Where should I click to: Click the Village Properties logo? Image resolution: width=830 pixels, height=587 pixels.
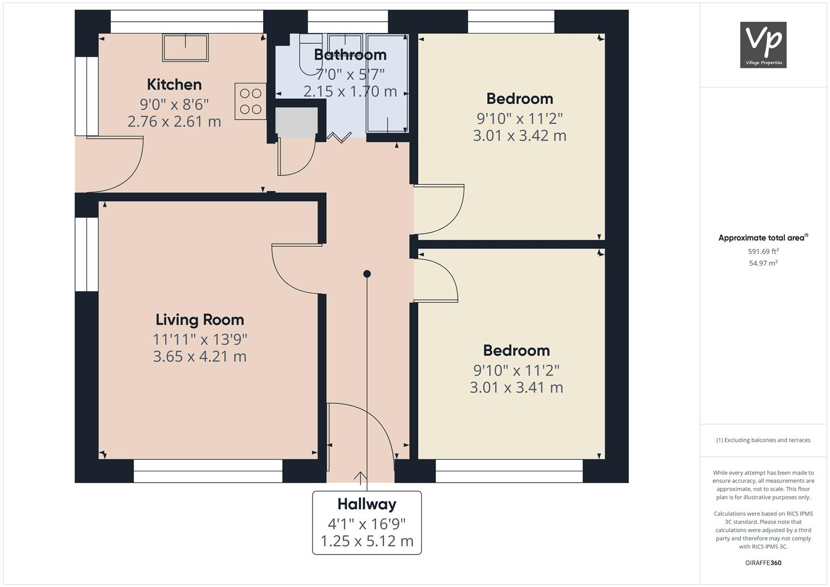point(763,45)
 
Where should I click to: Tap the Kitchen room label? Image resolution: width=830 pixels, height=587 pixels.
point(174,85)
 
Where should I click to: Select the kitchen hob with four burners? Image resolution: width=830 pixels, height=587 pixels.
point(251,101)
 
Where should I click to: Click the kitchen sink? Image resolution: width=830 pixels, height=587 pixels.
point(185,48)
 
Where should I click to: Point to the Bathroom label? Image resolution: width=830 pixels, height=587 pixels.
point(350,55)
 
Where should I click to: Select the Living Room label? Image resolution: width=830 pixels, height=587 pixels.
point(199,320)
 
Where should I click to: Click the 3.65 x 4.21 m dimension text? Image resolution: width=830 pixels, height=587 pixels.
point(199,357)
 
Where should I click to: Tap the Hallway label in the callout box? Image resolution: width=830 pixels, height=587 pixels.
point(366,504)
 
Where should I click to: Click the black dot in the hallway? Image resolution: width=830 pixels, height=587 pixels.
point(367,274)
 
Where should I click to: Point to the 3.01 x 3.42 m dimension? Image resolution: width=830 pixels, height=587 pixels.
point(519,135)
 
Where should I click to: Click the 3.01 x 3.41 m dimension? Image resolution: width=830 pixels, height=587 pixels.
point(516,388)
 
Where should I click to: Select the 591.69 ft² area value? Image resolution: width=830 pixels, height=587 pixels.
point(763,251)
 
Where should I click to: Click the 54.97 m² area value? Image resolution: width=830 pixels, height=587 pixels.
point(763,263)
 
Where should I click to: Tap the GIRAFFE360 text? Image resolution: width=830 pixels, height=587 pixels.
point(763,563)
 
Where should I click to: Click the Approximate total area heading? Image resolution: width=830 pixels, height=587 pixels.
point(763,238)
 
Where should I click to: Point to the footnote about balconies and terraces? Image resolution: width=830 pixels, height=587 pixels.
point(763,440)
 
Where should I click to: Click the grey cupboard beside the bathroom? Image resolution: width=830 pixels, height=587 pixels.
point(296,121)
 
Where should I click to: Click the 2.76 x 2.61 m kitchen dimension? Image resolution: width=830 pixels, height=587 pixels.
point(174,121)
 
